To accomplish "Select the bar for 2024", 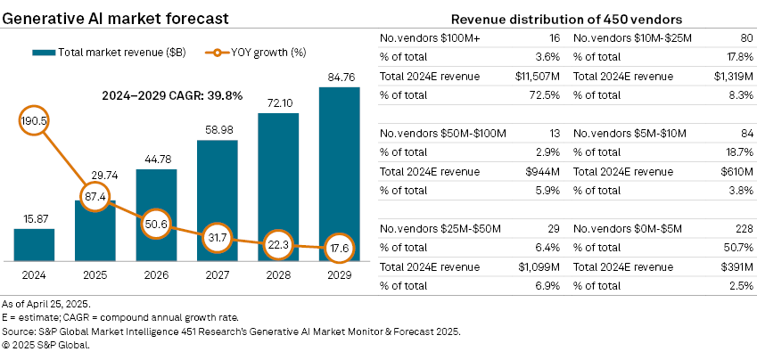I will (x=34, y=243).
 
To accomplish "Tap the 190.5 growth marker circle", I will (x=34, y=118).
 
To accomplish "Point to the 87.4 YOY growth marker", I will (x=95, y=194).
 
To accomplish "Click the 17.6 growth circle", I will (x=339, y=248).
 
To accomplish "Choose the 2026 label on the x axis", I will (x=156, y=275).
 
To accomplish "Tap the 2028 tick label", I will (x=278, y=275).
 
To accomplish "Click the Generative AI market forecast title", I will (x=115, y=17).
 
